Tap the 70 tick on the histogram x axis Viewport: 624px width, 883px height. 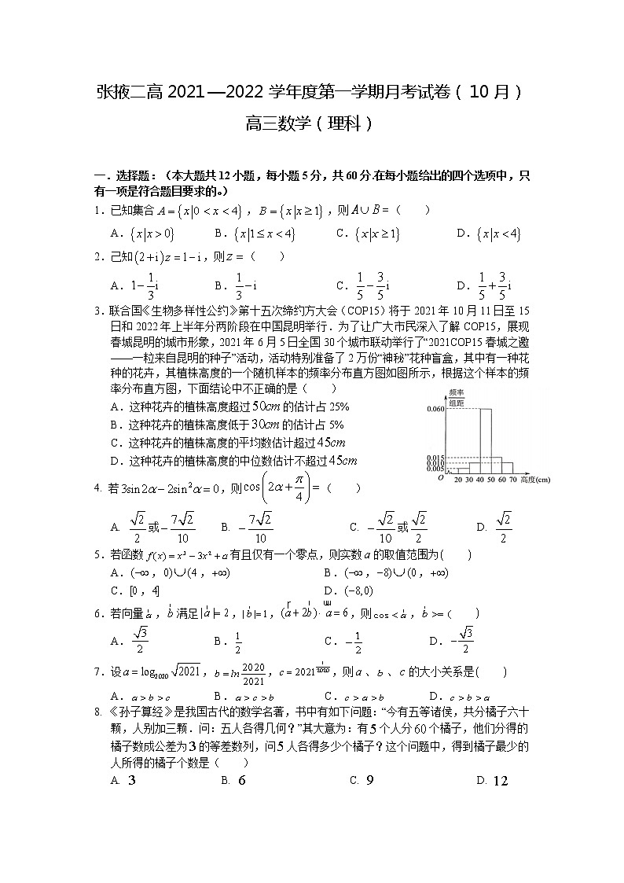tap(512, 479)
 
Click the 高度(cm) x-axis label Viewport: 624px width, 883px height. tap(534, 479)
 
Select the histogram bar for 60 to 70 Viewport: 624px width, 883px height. tap(508, 467)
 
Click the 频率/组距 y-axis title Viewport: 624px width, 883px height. tap(455, 397)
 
